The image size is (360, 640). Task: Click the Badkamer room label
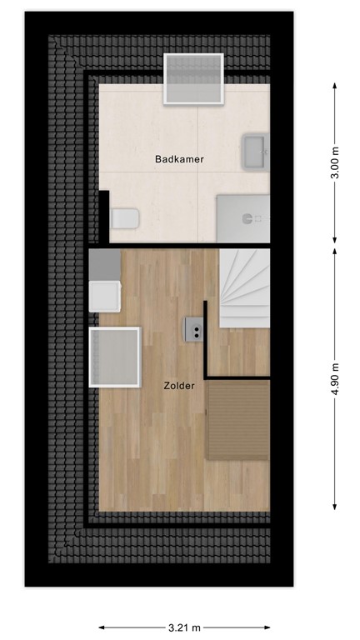(x=179, y=158)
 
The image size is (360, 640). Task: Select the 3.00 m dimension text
(x=335, y=162)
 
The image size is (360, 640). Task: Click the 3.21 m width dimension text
(x=186, y=628)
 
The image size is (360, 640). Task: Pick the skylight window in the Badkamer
(x=194, y=78)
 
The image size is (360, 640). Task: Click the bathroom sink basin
(x=255, y=152)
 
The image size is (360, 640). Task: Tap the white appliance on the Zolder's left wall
(x=106, y=296)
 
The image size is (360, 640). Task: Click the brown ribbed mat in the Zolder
(x=238, y=419)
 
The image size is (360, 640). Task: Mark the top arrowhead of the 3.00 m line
(x=335, y=85)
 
